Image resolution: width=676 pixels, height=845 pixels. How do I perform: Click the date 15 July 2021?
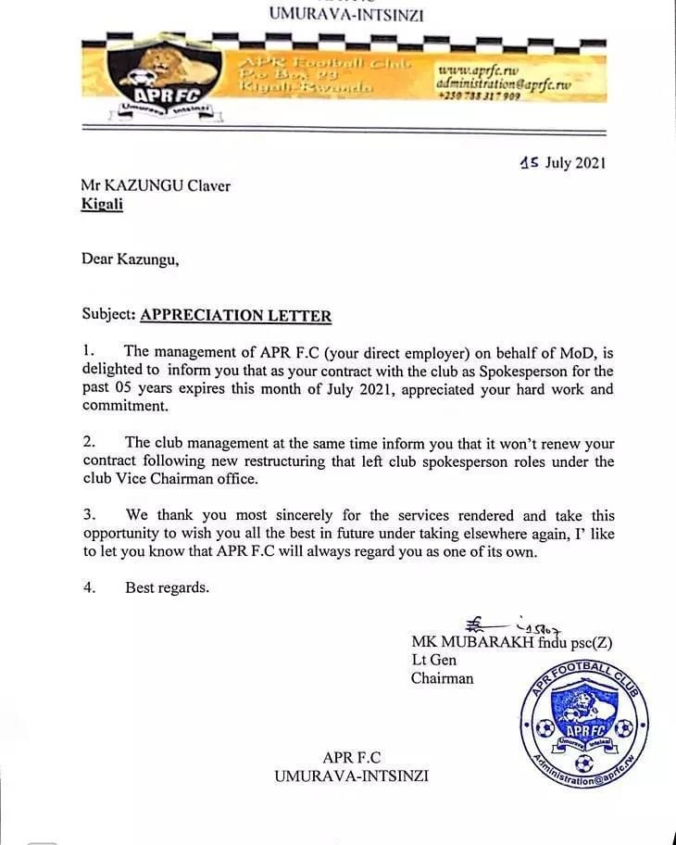click(563, 163)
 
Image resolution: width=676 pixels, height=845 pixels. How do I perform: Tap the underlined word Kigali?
click(102, 204)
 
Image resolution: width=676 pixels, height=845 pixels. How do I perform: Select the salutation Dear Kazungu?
click(131, 259)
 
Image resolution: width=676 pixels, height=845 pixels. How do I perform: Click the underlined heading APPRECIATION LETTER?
click(235, 316)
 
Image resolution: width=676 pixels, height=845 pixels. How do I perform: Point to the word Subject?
click(107, 316)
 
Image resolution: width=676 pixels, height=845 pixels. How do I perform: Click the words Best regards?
click(167, 587)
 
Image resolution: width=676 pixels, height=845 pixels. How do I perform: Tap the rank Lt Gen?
click(433, 661)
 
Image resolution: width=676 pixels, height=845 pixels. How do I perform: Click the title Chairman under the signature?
click(442, 678)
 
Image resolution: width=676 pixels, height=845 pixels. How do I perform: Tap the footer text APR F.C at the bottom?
click(351, 758)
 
